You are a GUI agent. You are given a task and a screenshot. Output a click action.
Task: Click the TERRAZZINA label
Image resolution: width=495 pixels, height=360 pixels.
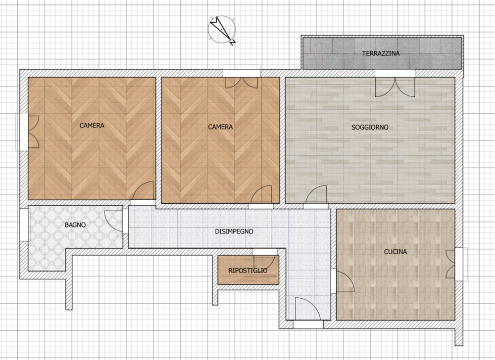click(x=381, y=53)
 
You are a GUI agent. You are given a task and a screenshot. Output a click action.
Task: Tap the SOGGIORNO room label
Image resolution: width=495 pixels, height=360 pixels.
click(x=370, y=128)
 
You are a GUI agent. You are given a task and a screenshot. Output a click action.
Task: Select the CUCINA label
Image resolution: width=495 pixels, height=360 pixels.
click(x=395, y=252)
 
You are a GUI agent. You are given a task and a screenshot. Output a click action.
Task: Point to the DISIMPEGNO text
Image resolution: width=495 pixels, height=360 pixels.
click(x=234, y=231)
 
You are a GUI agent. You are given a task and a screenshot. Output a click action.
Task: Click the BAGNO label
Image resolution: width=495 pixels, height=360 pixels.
click(x=75, y=225)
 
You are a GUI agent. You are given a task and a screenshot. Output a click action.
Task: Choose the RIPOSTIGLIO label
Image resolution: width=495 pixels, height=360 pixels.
click(x=248, y=270)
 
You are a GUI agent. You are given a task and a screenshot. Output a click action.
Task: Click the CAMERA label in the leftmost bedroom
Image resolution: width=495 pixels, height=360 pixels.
click(x=92, y=126)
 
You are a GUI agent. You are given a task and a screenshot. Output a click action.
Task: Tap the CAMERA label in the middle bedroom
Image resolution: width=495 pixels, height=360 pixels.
click(x=220, y=127)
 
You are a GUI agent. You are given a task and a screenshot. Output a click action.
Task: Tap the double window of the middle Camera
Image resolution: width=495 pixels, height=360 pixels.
click(x=242, y=83)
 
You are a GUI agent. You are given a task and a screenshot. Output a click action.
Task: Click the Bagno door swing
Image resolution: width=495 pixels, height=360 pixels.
click(x=113, y=221)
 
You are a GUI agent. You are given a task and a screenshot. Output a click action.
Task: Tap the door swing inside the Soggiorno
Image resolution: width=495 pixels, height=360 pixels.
click(x=316, y=194)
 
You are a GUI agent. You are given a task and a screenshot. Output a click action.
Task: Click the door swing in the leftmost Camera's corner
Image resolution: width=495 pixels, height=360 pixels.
click(x=143, y=190)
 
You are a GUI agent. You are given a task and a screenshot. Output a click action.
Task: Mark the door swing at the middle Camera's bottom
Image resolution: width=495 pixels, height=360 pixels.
click(x=261, y=194)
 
